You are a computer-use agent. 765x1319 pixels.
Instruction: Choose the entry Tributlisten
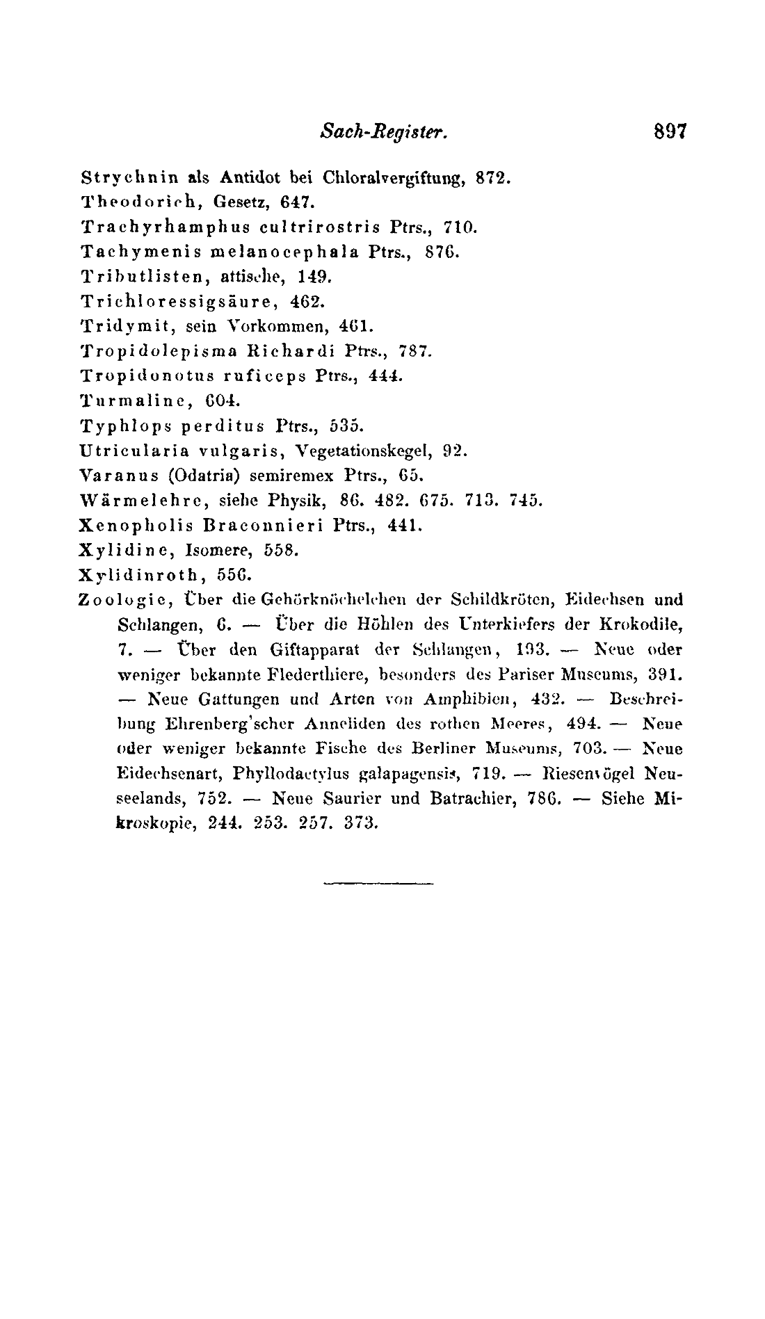click(129, 277)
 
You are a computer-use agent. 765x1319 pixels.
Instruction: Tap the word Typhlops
click(116, 426)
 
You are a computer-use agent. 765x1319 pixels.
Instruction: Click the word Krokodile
click(648, 624)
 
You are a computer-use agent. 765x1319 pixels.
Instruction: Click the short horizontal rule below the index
click(378, 884)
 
